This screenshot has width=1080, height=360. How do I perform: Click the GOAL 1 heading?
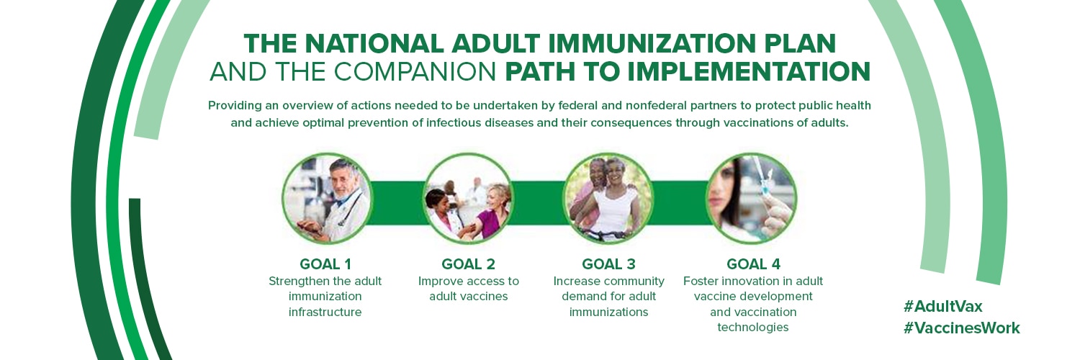point(325,264)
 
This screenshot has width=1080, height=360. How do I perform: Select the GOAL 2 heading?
point(468,264)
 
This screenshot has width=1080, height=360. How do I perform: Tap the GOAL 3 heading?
point(608,264)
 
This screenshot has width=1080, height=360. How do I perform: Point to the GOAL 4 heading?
point(753,264)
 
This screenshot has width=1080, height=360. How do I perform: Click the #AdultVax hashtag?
point(942,306)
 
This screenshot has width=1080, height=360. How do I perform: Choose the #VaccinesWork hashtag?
point(961,328)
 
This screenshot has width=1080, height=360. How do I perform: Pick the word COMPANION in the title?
point(415,72)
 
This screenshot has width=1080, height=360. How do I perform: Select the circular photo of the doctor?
point(327,198)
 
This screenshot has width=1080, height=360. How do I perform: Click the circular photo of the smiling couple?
point(608,198)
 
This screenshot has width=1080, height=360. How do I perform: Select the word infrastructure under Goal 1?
point(325,312)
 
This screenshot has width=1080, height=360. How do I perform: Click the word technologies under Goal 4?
point(753,327)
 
